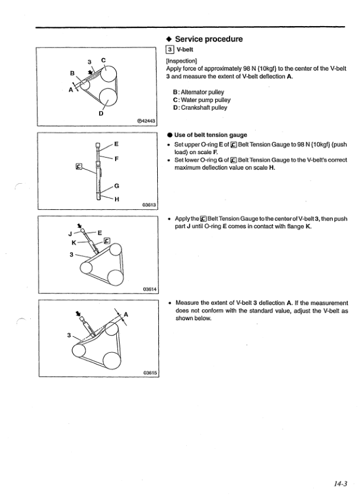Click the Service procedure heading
coord(209,39)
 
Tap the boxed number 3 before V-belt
coord(170,49)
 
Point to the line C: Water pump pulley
coord(202,100)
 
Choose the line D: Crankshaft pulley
coord(200,107)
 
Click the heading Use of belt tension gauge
coord(209,135)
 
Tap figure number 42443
coord(146,122)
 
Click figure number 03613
coord(148,205)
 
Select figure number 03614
coord(148,289)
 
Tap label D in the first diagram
coord(100,114)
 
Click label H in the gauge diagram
coord(116,199)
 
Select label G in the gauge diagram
coord(116,186)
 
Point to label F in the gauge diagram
coord(117,159)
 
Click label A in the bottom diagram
coord(127,315)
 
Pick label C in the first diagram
coord(104,59)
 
